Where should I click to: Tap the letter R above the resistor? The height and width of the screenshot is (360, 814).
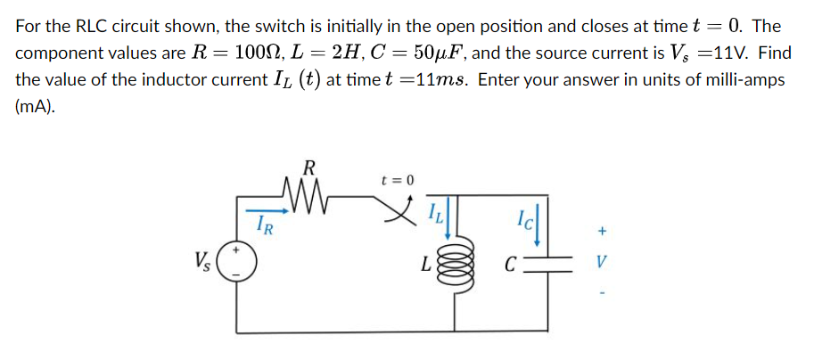(x=308, y=166)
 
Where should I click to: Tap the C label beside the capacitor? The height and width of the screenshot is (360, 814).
(x=509, y=266)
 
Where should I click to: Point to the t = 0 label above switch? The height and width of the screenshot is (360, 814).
(x=398, y=180)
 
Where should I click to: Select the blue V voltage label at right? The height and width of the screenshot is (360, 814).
(x=603, y=265)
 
